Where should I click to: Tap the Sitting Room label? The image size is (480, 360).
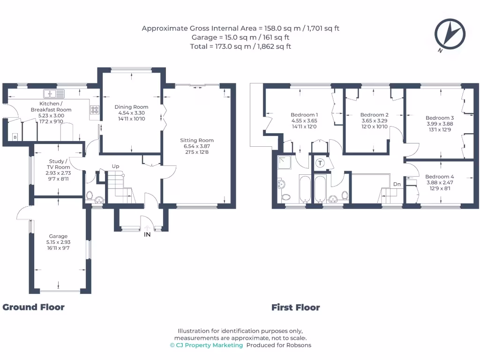pyautogui.click(x=197, y=140)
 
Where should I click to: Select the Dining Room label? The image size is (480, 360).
pyautogui.click(x=131, y=107)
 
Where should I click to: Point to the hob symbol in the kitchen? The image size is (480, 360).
pyautogui.click(x=95, y=110)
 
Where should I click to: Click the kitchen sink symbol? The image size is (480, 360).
pyautogui.click(x=51, y=92)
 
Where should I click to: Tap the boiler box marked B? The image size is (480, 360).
pyautogui.click(x=15, y=137)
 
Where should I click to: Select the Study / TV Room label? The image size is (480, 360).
pyautogui.click(x=59, y=164)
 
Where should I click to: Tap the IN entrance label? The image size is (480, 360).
pyautogui.click(x=147, y=234)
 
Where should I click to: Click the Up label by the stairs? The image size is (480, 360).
pyautogui.click(x=115, y=166)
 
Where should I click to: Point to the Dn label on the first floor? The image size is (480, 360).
pyautogui.click(x=397, y=184)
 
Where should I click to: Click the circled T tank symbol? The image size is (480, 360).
pyautogui.click(x=320, y=163)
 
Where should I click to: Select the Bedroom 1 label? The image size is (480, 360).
pyautogui.click(x=304, y=115)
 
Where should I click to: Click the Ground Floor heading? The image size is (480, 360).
pyautogui.click(x=33, y=307)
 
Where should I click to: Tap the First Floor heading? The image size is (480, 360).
pyautogui.click(x=295, y=307)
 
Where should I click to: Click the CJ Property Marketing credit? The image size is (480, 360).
pyautogui.click(x=206, y=345)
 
